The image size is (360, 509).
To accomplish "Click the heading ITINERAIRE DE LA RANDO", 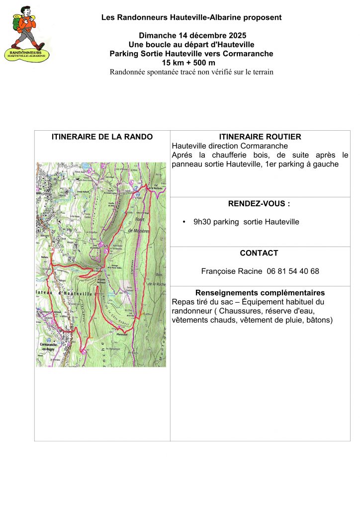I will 102,137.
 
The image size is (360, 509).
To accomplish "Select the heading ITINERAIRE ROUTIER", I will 260,137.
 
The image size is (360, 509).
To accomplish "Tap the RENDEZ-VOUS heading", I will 260,203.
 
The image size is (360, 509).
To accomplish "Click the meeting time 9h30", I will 202,222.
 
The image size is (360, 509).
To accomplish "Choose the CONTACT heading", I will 259,253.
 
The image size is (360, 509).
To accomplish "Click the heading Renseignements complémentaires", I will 260,292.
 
